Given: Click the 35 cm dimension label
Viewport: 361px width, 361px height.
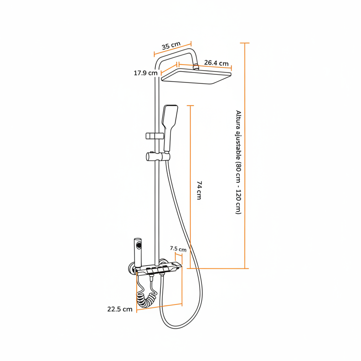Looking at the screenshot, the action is [171, 46].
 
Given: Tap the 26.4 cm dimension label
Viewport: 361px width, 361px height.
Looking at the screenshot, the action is [216, 63].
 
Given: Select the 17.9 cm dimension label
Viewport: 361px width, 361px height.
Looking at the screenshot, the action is [145, 73].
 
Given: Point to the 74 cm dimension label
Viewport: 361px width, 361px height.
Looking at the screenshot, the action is [199, 190].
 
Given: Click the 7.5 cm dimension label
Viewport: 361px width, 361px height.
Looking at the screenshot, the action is [178, 249].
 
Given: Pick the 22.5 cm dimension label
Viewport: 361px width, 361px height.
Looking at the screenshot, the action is [120, 309].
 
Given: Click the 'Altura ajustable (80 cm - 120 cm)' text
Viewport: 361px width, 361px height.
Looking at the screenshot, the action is [238, 162].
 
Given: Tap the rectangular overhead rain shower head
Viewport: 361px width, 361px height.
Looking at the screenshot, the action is [196, 76].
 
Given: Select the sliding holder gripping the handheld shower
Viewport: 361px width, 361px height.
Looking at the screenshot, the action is [158, 156].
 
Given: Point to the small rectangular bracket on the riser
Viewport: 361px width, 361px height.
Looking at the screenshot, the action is [155, 136].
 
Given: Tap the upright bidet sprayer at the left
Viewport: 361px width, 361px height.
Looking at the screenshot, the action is [138, 253].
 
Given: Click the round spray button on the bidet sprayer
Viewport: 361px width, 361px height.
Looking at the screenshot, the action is [139, 245].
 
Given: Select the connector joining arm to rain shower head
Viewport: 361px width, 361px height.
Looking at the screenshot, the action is [196, 67].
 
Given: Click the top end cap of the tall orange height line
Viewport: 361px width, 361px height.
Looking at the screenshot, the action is [244, 43].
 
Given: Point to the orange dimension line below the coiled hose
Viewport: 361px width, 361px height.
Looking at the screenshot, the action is [160, 307].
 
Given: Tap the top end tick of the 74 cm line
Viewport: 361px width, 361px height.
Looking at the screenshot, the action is [190, 106].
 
